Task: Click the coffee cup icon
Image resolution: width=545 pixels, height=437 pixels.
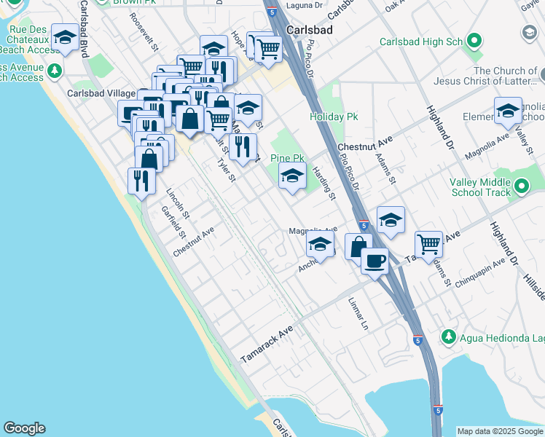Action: pos(375,260)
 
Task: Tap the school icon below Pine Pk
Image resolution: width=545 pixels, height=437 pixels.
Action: pos(292,176)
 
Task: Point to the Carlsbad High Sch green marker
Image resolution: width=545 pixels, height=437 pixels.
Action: pos(475,42)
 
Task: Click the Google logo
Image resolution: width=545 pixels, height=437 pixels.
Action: pos(24,428)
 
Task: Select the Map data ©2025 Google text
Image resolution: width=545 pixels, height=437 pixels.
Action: pos(500,431)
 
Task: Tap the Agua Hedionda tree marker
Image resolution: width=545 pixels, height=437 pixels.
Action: pos(450,337)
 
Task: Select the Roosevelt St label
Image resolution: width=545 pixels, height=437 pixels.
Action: pos(146,35)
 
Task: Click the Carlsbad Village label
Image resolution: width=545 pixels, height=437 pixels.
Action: pos(101,94)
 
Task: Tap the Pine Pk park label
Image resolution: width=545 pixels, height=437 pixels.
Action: pos(287,158)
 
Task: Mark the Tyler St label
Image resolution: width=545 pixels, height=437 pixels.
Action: pos(227,171)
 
